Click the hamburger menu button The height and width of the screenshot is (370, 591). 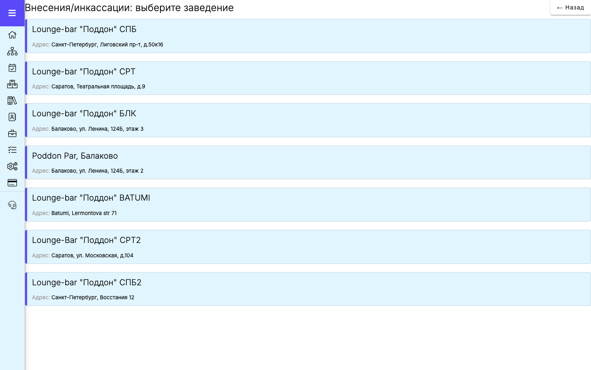tap(12, 13)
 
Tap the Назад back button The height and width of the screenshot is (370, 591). tap(570, 8)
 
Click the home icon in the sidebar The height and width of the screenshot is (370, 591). tap(12, 35)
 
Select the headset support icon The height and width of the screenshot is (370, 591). tap(12, 205)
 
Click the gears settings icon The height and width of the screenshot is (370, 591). tap(12, 166)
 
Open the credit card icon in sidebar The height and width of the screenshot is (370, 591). tap(12, 183)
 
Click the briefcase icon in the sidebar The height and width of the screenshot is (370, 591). tap(12, 134)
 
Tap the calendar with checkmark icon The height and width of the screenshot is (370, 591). tap(12, 68)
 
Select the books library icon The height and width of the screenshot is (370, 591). tap(12, 100)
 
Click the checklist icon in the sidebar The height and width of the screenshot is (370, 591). tap(12, 150)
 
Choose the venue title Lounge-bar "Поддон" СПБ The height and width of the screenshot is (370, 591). tap(84, 29)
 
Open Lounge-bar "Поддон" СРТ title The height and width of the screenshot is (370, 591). tap(84, 72)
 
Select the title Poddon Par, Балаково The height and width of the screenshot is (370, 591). tap(75, 156)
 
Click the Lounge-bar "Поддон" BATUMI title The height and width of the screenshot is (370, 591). tap(91, 198)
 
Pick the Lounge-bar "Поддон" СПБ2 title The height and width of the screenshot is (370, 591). tap(87, 282)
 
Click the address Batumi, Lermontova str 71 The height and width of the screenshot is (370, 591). tap(84, 213)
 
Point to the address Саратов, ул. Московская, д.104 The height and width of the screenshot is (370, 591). tap(92, 255)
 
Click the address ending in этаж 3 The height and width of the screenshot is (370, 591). tap(97, 129)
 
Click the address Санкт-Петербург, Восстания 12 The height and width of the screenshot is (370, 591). tap(93, 297)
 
